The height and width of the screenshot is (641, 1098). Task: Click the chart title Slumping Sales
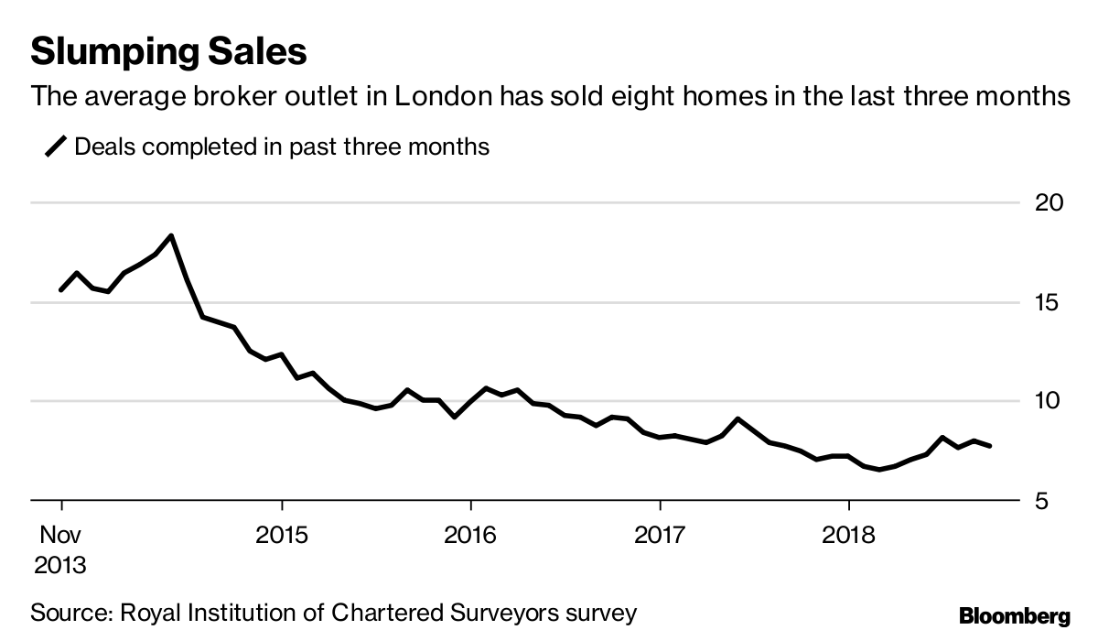point(168,51)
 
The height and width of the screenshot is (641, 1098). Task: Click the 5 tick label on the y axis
point(1046,501)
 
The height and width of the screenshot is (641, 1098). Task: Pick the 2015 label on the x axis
point(283,533)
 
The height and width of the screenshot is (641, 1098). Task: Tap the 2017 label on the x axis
point(660,533)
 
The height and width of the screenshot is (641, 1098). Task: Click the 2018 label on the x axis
point(849,533)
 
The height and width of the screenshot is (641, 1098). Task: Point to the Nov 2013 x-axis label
point(60,548)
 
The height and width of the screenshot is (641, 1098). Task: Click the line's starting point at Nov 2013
point(61,289)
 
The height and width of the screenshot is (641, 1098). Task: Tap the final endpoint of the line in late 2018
point(990,446)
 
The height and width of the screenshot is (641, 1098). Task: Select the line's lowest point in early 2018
point(880,470)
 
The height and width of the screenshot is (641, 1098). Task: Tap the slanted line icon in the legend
point(57,147)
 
